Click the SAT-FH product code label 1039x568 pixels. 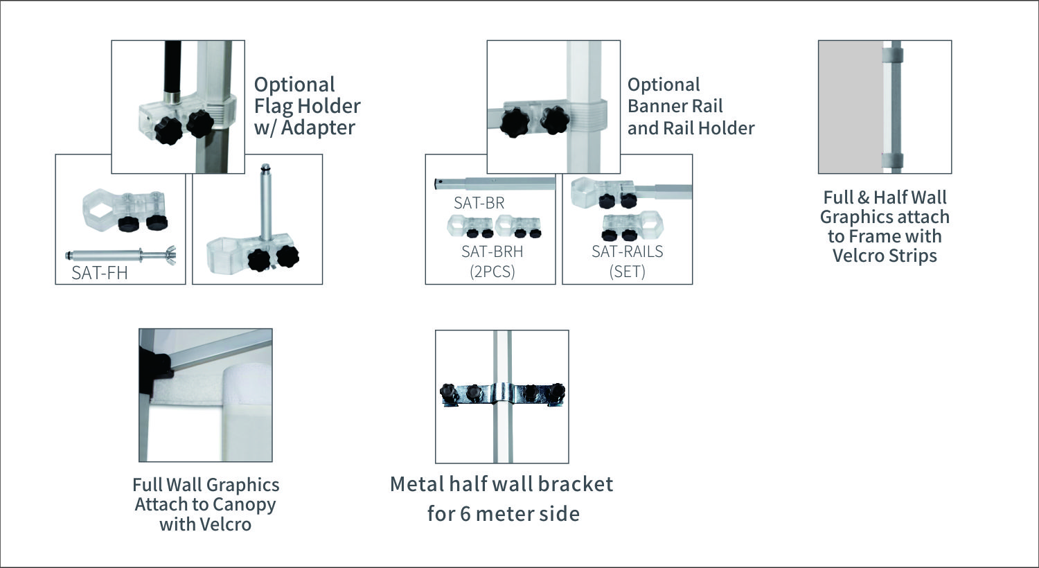pos(100,273)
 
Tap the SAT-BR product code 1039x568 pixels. pos(479,203)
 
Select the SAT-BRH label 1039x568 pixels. pos(492,251)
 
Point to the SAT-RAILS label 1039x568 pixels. pos(627,251)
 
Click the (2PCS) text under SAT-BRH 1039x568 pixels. pos(492,272)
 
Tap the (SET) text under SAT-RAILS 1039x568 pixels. pos(627,272)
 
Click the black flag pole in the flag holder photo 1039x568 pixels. pos(173,68)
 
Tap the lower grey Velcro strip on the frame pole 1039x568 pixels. pos(893,161)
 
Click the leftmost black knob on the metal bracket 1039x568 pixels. pos(449,393)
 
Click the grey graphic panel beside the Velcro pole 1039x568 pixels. pos(851,107)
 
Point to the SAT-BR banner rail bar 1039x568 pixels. pos(495,184)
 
